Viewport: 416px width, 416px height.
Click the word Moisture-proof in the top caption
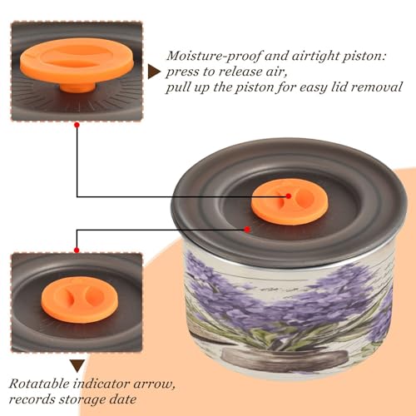[x=214, y=57]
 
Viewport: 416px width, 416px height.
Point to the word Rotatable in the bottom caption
[x=39, y=384]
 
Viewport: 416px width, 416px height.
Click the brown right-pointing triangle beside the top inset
[x=154, y=72]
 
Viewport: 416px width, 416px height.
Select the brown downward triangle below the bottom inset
[x=77, y=366]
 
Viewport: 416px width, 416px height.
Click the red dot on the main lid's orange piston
[x=289, y=196]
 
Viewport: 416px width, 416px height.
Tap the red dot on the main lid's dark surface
[x=247, y=230]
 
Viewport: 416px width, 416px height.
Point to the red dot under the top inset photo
[x=77, y=125]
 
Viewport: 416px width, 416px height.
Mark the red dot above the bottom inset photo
[x=77, y=250]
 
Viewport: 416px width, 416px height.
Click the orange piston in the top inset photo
[x=77, y=62]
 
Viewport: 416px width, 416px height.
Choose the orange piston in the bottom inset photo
[x=80, y=300]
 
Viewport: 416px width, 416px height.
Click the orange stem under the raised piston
[x=78, y=87]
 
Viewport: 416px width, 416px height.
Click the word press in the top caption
[x=181, y=72]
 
